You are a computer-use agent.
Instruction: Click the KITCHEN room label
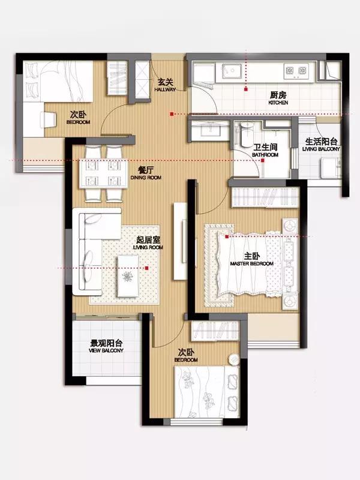click(278, 103)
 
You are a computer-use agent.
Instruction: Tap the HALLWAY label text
click(166, 89)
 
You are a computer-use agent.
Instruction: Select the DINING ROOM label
click(146, 178)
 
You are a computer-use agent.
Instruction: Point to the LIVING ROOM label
click(148, 247)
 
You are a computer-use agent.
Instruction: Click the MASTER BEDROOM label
click(251, 263)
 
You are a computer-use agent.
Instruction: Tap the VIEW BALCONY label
click(106, 350)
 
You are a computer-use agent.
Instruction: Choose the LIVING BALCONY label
click(321, 149)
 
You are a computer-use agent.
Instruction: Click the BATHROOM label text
click(265, 155)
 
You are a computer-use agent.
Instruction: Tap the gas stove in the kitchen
click(296, 71)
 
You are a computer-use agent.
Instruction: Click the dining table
click(103, 173)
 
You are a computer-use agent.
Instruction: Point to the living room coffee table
click(128, 277)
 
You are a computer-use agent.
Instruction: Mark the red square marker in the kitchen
click(245, 89)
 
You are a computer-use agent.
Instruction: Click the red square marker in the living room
click(146, 268)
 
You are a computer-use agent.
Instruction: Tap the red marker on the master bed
click(227, 236)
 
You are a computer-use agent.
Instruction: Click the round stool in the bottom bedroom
click(233, 359)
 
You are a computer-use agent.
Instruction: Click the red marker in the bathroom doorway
click(263, 160)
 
